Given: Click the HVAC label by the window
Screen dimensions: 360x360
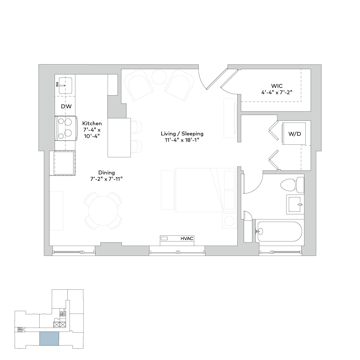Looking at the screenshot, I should click(187, 239).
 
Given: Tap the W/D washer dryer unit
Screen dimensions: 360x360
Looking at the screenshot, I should click(294, 134).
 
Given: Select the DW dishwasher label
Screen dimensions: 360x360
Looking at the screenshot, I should click(66, 106).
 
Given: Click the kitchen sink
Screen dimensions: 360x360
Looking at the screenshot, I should click(65, 85).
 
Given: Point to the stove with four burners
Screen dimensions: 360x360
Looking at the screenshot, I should click(66, 128).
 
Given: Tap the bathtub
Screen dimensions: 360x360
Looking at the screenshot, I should click(279, 231).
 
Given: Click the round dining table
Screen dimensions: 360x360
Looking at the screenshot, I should click(103, 211).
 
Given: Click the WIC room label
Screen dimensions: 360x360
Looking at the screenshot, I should click(277, 86).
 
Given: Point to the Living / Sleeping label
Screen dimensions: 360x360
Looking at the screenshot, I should click(182, 134).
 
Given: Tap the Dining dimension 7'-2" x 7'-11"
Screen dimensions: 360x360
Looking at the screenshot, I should click(106, 179).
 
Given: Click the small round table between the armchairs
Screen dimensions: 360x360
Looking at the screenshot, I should click(158, 77).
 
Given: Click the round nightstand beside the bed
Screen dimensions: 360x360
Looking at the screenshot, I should click(229, 221).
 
